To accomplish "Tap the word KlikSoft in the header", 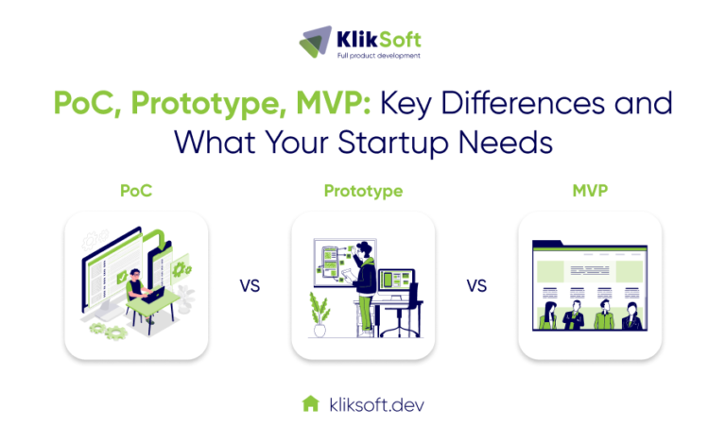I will (377, 37).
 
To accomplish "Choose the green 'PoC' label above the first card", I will (136, 191).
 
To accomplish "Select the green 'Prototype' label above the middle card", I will (363, 191).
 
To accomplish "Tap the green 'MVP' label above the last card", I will (590, 191).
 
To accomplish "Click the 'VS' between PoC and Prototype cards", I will (250, 284).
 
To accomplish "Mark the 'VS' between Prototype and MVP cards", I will (476, 284).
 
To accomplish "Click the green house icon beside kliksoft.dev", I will (309, 403).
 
